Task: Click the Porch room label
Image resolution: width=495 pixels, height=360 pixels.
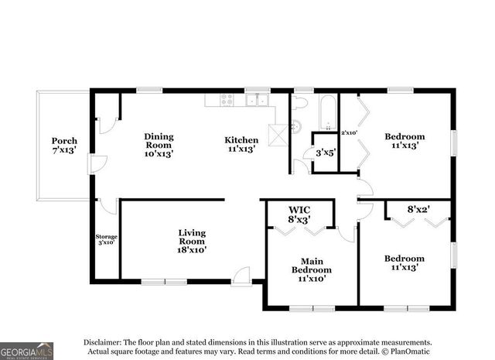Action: click(64, 145)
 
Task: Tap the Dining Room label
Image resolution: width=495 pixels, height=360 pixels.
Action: click(159, 145)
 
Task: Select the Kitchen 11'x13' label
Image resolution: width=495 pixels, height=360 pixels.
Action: click(241, 145)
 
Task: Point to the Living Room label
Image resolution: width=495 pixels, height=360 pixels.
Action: click(192, 241)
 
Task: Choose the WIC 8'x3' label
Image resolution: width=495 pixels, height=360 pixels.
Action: click(299, 214)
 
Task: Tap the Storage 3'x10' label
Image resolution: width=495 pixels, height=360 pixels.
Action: click(106, 239)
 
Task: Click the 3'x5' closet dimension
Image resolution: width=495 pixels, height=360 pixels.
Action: click(324, 153)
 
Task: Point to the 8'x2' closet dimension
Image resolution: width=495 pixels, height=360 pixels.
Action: click(418, 209)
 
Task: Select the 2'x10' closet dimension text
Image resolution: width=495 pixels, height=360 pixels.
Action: click(349, 132)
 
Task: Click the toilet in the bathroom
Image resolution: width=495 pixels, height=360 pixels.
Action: click(300, 103)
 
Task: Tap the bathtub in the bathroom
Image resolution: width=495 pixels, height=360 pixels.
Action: click(327, 113)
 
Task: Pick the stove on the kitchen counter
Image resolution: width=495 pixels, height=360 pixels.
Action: click(226, 99)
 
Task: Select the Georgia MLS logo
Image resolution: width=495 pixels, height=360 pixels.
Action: click(27, 349)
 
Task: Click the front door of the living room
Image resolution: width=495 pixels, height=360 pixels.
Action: click(243, 276)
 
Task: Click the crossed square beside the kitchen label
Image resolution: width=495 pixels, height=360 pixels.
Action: click(277, 134)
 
